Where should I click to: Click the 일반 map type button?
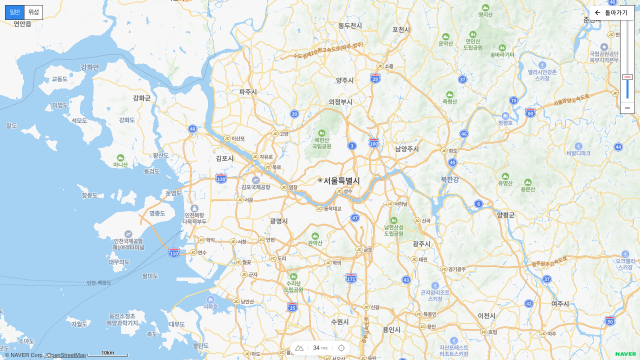coord(15,12)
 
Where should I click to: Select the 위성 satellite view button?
coord(33,12)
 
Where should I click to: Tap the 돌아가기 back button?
coord(611,12)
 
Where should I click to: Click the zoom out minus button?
coord(627,108)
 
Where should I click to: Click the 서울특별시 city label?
coord(341,180)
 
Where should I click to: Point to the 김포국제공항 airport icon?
coord(256,180)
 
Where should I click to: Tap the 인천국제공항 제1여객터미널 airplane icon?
coord(128,234)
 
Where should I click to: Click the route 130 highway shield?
coord(221,178)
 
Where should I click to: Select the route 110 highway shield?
coord(174,253)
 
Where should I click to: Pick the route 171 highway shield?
coord(351,277)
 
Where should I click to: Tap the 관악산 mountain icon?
coord(315,236)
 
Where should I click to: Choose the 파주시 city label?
coord(248,91)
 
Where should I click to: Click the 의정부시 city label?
coord(340,101)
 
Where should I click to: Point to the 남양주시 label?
coord(407,149)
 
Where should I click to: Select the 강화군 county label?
coord(142,98)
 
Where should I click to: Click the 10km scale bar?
coord(108,354)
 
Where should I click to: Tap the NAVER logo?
coord(625,354)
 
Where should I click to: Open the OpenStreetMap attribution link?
coord(66,355)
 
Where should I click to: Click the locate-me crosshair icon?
coord(341,348)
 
